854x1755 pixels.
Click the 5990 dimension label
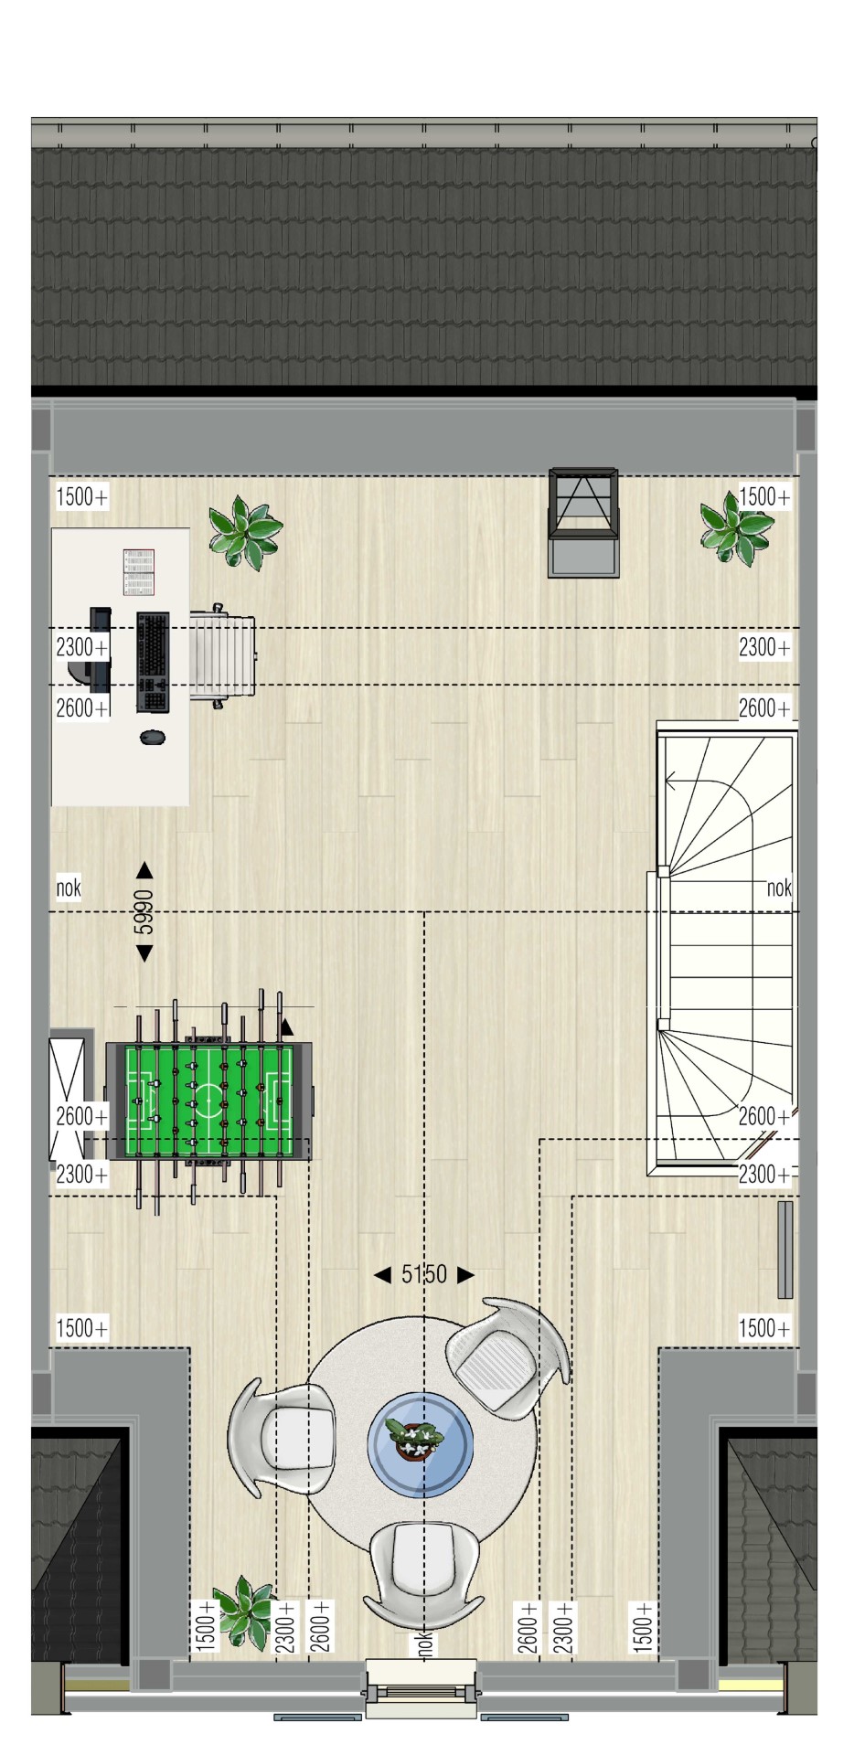[144, 912]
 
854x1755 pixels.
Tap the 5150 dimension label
[424, 1274]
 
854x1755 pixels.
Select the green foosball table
[209, 1101]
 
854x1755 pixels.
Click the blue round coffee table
[421, 1445]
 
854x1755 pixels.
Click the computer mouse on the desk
[153, 736]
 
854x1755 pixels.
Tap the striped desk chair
[223, 655]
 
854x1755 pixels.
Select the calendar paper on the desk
[139, 573]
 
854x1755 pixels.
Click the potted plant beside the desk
[244, 532]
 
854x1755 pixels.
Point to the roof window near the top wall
[583, 523]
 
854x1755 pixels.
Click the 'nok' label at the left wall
[69, 888]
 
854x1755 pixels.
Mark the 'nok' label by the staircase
[779, 888]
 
